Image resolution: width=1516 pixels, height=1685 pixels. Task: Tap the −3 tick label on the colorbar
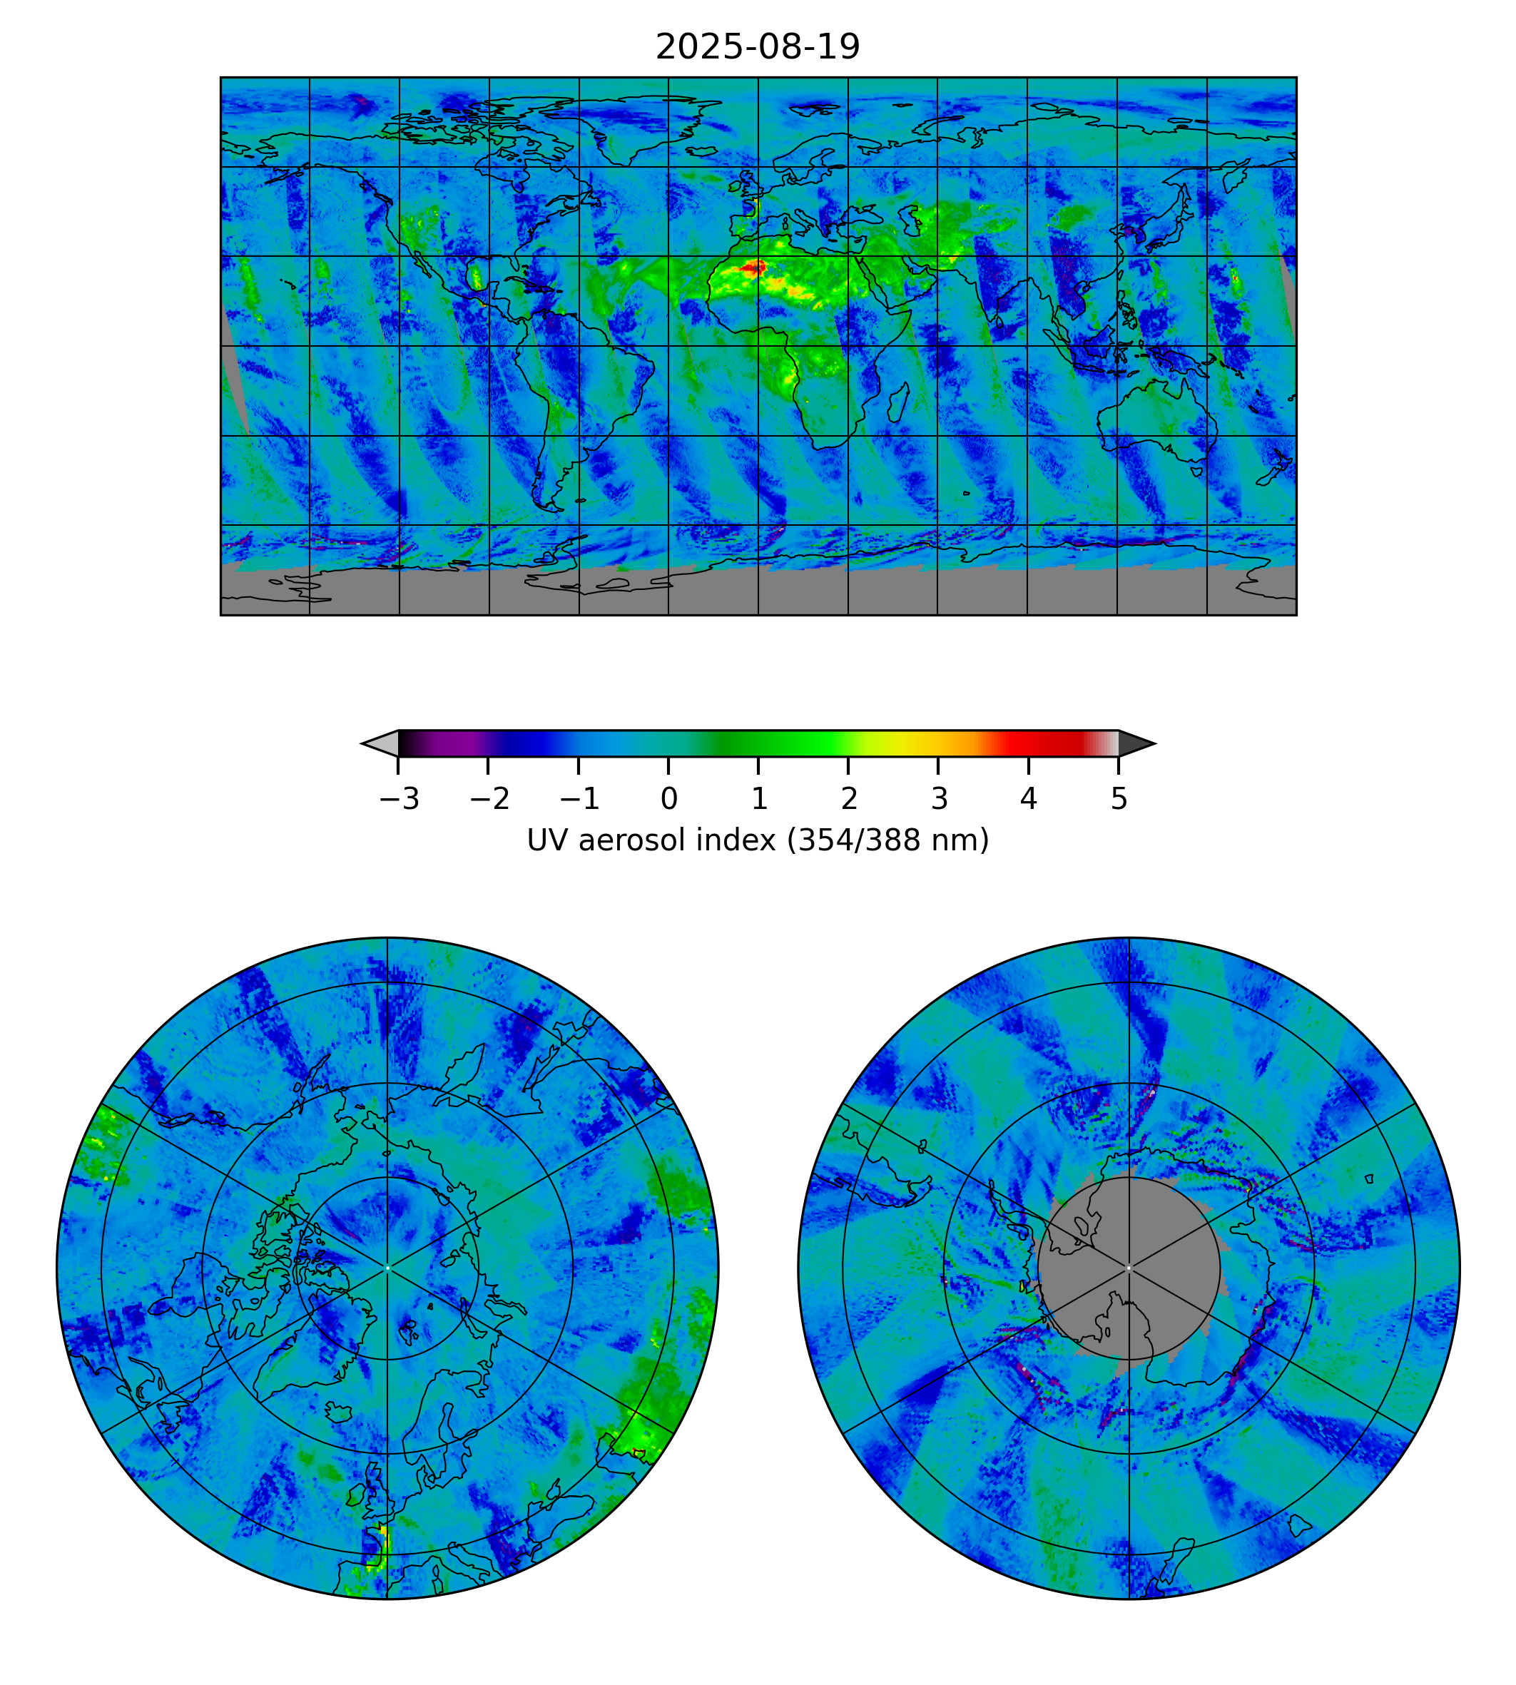pyautogui.click(x=398, y=800)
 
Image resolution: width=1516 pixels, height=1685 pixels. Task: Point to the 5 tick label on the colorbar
pyautogui.click(x=1119, y=800)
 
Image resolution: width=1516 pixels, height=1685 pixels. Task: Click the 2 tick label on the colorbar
pyautogui.click(x=848, y=800)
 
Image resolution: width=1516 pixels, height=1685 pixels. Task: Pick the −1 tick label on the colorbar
pyautogui.click(x=579, y=800)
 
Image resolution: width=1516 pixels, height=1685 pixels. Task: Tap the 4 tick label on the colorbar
pyautogui.click(x=1029, y=800)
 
